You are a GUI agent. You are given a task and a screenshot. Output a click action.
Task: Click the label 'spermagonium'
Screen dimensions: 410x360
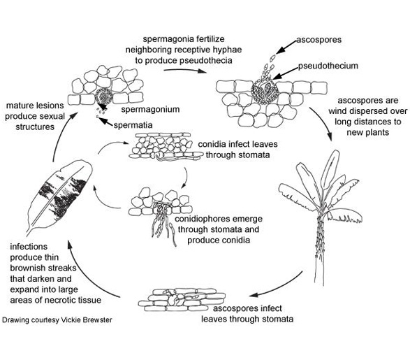(x=150, y=110)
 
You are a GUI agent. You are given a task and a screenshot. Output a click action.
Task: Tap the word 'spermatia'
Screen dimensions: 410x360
(x=133, y=125)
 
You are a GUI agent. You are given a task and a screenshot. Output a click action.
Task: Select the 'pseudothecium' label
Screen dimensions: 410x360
(x=328, y=66)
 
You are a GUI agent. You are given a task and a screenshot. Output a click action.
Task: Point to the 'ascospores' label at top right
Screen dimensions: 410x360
(x=319, y=40)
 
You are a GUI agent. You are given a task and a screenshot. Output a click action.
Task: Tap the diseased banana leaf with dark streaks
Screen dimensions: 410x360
(x=59, y=196)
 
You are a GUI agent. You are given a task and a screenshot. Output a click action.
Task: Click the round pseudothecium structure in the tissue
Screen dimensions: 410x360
(x=265, y=91)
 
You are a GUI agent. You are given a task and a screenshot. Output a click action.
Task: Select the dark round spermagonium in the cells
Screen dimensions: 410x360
(x=104, y=96)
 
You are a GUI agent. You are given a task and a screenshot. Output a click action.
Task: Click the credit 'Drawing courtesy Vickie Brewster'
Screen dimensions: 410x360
(x=57, y=320)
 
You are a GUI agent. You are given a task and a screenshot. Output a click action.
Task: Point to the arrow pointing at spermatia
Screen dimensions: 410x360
(x=106, y=122)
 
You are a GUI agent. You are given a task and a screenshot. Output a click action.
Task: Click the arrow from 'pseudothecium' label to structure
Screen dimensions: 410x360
(x=286, y=73)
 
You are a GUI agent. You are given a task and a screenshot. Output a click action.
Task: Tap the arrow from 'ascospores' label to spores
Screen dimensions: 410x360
(x=286, y=48)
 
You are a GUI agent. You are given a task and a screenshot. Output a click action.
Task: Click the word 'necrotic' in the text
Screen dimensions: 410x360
(x=68, y=300)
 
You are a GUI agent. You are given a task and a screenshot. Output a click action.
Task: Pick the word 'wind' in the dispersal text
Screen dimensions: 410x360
(x=338, y=111)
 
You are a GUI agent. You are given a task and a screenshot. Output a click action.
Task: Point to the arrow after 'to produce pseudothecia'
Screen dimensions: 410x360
(x=185, y=70)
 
